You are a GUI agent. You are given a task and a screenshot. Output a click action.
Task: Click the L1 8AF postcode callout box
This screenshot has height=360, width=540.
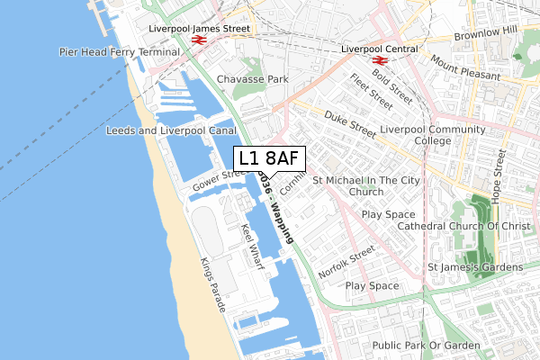(270, 158)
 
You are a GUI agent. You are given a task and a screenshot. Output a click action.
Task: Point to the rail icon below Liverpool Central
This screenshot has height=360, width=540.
(380, 62)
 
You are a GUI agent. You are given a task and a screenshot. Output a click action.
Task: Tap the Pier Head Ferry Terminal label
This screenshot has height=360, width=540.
(120, 52)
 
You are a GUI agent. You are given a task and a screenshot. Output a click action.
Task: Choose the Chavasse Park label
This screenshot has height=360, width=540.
(252, 79)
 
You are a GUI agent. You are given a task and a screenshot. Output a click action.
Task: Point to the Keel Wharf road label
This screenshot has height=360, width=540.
(249, 240)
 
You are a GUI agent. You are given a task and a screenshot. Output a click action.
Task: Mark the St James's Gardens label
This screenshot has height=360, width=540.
(474, 267)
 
